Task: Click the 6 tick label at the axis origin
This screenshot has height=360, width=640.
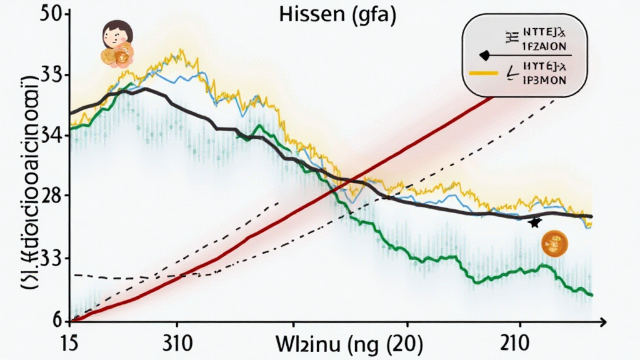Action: click(x=57, y=321)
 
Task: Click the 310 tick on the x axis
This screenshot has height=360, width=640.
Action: click(x=177, y=343)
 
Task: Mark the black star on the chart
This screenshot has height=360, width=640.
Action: click(x=534, y=222)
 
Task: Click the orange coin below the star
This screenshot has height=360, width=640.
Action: click(x=553, y=243)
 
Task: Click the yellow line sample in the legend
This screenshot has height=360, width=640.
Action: click(x=482, y=73)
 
